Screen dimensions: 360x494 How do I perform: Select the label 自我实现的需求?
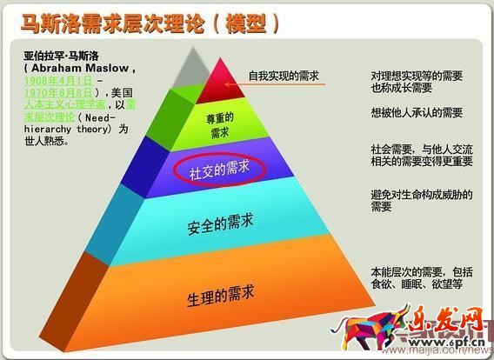coord(284,77)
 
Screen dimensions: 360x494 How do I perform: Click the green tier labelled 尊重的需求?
coord(220,126)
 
